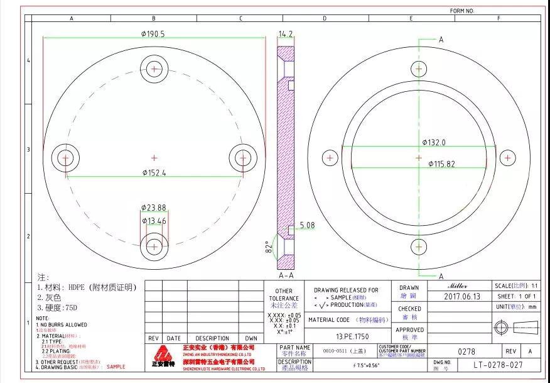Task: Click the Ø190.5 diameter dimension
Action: click(x=153, y=35)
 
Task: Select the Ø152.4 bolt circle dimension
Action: click(x=154, y=172)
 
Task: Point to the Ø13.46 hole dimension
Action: click(x=154, y=221)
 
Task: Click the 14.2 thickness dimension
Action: click(x=286, y=33)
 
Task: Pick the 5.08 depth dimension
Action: click(x=308, y=225)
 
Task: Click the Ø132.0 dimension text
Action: click(x=434, y=143)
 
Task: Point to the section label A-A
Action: click(x=286, y=275)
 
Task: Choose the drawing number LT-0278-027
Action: click(x=498, y=364)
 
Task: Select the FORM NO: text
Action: click(x=462, y=11)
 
